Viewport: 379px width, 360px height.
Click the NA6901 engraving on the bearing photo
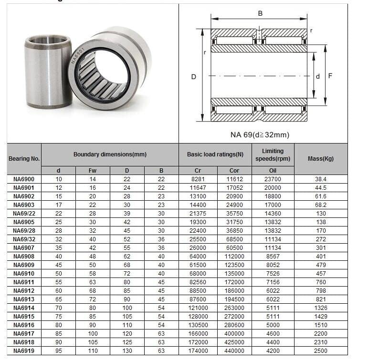[x=78, y=56]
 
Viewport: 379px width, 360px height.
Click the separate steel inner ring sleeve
[x=48, y=71]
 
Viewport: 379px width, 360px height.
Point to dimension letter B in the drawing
[x=260, y=13]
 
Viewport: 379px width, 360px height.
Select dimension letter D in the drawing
[x=194, y=77]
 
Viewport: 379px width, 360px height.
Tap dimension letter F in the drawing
[x=330, y=76]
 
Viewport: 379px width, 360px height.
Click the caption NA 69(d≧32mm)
[x=260, y=135]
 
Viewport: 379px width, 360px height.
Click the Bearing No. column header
[x=24, y=159]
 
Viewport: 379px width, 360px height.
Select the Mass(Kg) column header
[x=320, y=159]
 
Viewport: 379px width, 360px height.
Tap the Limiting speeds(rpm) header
[x=273, y=155]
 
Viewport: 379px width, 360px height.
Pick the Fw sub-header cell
[x=92, y=170]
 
